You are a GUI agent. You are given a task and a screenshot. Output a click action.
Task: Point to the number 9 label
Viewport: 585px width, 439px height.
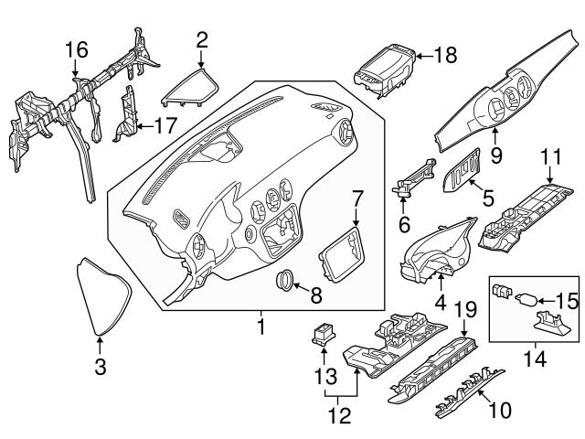(x=497, y=156)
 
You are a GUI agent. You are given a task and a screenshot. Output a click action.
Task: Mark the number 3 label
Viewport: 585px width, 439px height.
(x=100, y=368)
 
